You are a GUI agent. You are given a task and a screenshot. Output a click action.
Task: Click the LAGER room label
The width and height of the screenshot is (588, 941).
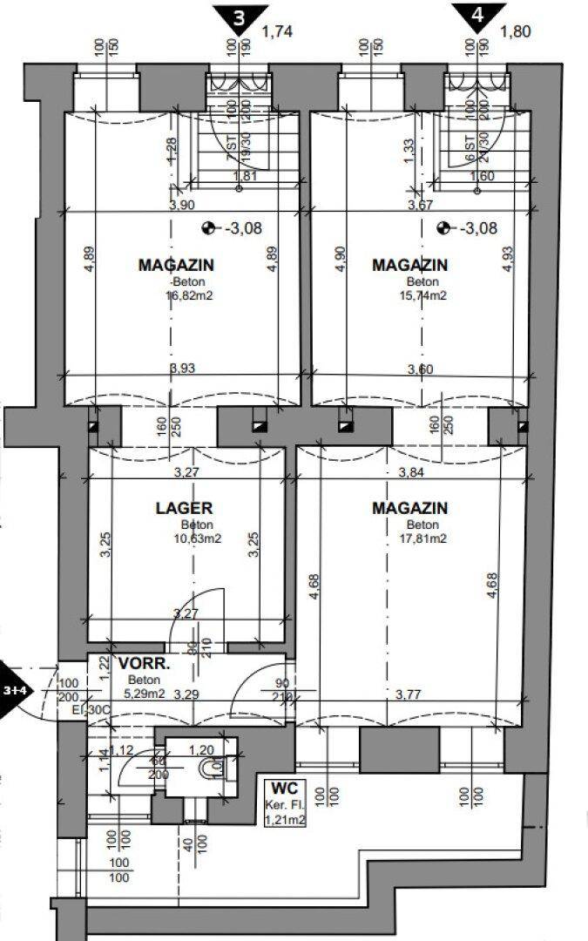pos(184,508)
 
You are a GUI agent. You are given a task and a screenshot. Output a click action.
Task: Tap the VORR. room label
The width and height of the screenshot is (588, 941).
pos(143,663)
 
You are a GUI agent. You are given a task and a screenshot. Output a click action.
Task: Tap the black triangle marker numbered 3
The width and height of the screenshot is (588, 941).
pos(233,16)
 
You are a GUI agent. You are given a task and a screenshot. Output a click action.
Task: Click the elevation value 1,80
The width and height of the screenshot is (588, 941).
pos(516,32)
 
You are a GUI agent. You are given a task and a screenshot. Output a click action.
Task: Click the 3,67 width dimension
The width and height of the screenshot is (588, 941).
pos(421,205)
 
